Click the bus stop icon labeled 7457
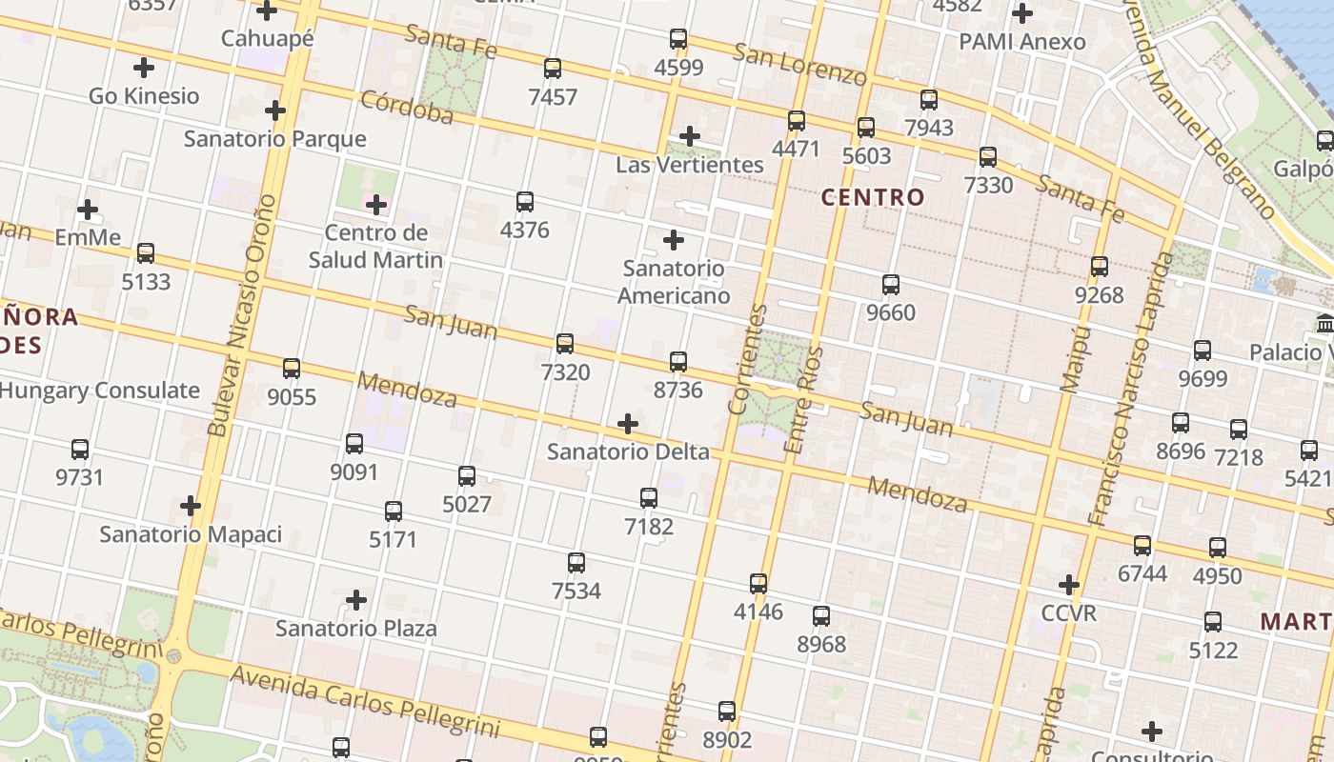(x=553, y=69)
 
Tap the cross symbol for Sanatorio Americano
(x=674, y=240)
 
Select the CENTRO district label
(x=873, y=198)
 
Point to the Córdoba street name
(x=407, y=108)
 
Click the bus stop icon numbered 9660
(x=891, y=285)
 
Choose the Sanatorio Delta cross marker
(x=628, y=424)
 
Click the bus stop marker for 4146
(x=758, y=583)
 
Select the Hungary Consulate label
(x=99, y=391)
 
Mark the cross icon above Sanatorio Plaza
(x=356, y=600)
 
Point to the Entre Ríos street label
(x=801, y=400)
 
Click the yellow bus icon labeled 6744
(x=1142, y=546)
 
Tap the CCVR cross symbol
(x=1069, y=584)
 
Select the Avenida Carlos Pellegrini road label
(x=366, y=702)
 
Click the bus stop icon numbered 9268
(x=1100, y=267)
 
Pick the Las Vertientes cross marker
(x=690, y=136)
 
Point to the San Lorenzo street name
(x=799, y=63)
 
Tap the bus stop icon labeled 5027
(x=467, y=476)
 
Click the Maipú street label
(x=1075, y=358)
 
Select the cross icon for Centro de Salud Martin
(x=376, y=205)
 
